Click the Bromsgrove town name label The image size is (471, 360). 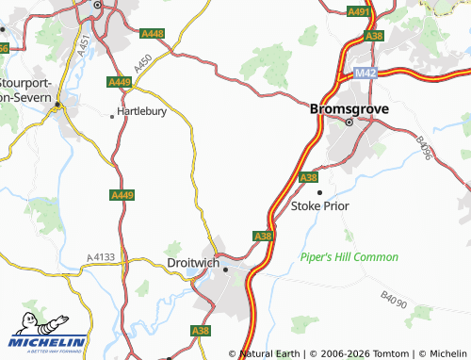(348, 107)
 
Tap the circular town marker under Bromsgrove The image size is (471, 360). (349, 122)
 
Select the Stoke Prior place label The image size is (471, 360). (319, 205)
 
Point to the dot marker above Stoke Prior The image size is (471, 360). (319, 192)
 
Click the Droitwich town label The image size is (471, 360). (192, 263)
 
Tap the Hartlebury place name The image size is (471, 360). (143, 116)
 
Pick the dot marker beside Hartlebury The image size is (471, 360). (114, 117)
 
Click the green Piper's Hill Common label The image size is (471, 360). (349, 256)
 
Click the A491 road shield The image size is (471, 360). (358, 12)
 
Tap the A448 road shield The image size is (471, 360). (152, 34)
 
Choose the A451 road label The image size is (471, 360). (83, 44)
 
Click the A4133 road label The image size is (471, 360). (101, 256)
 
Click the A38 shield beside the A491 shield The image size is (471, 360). (375, 36)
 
